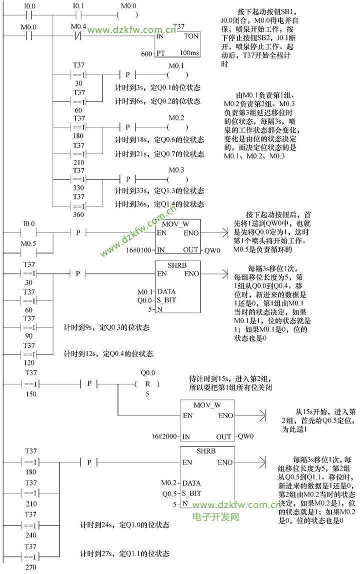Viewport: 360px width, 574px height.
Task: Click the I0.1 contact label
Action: [78, 5]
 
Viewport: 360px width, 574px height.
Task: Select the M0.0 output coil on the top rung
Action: [128, 14]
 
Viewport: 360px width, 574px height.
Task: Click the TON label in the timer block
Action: [191, 36]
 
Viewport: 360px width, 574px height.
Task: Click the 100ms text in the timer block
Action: [189, 52]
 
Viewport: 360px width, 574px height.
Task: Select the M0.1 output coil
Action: [177, 75]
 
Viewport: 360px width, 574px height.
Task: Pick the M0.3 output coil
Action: [177, 179]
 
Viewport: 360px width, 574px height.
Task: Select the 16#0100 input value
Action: [140, 250]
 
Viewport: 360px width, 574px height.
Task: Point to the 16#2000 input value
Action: [165, 436]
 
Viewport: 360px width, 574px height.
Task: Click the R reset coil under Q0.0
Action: [147, 384]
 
